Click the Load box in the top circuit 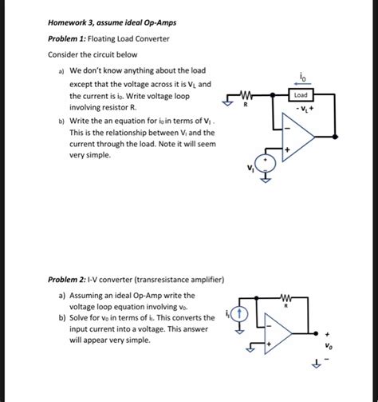[301, 95]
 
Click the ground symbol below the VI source [270, 180]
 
